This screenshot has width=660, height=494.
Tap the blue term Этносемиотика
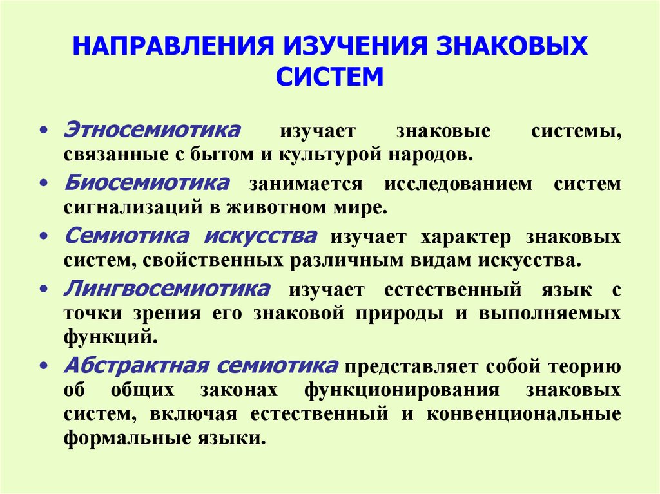click(152, 128)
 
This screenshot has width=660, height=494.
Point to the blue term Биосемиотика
click(146, 182)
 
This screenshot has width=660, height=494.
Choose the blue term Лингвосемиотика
click(167, 288)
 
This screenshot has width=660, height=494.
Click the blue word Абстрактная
click(135, 365)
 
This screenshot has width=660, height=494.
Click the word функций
click(110, 335)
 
